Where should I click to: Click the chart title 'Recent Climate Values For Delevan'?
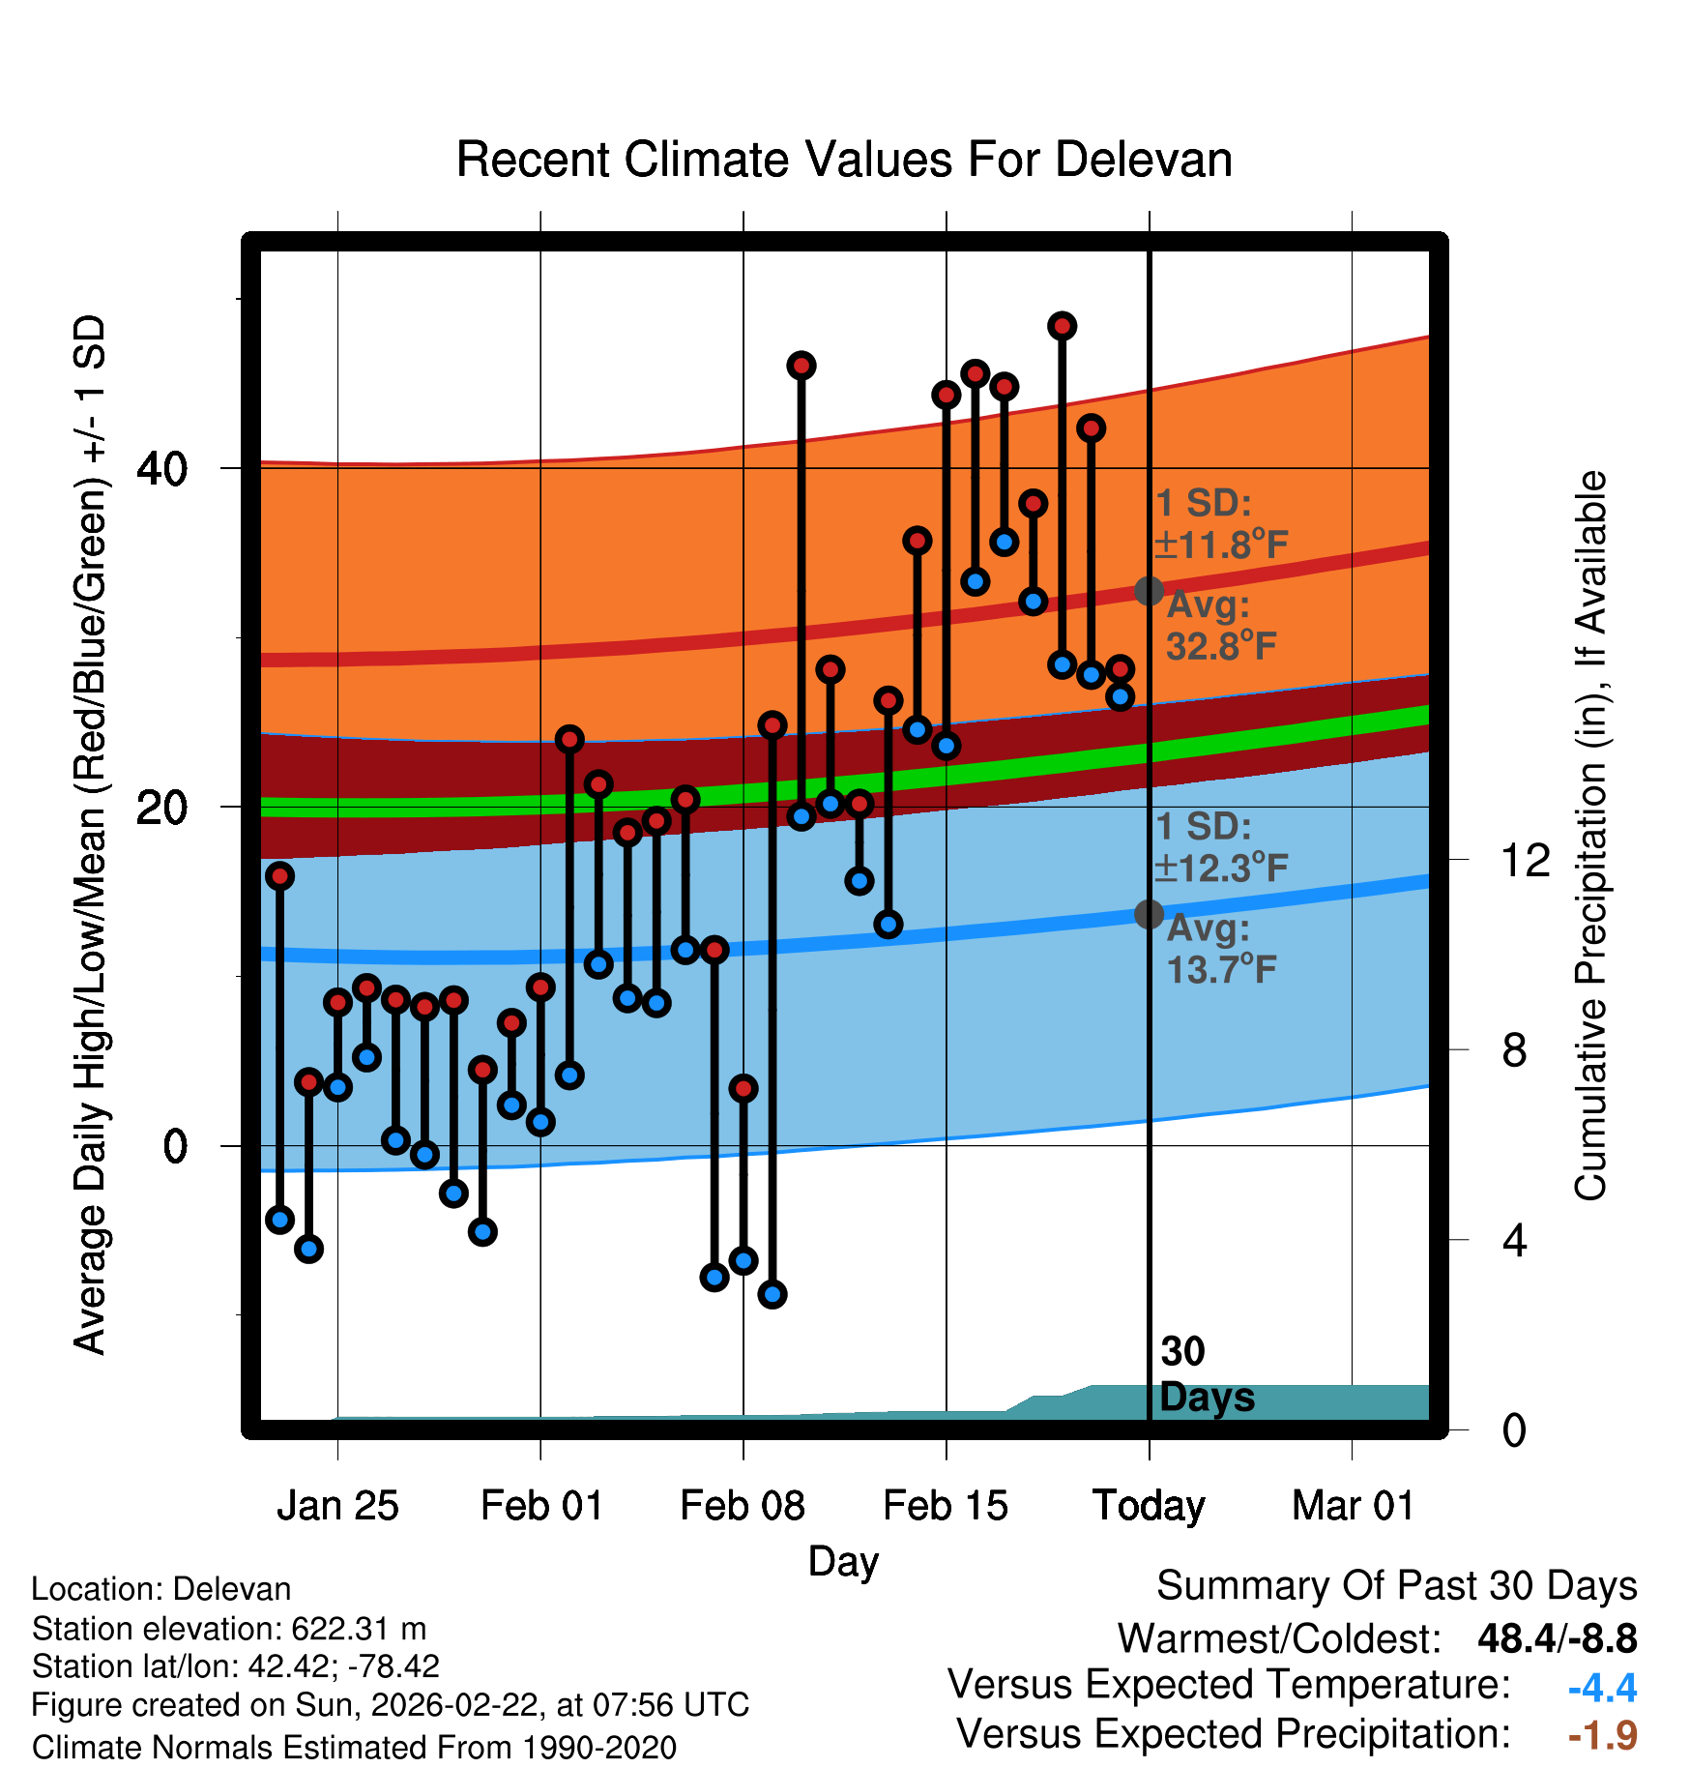coord(844,160)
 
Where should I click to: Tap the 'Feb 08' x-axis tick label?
coord(743,1506)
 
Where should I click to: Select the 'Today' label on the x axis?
coord(1149,1506)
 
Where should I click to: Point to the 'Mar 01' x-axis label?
coord(1353,1506)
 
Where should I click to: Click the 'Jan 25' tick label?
coord(337,1506)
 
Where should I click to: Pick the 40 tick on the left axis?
coord(161,469)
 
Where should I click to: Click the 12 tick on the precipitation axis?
coord(1526,860)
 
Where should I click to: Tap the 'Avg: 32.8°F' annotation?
coord(1220,626)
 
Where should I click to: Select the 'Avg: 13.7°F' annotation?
coord(1220,949)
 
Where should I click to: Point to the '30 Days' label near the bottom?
coord(1206,1374)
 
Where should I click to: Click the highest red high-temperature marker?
coord(1062,326)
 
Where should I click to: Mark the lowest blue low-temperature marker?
coord(772,1294)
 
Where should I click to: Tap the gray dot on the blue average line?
coord(1149,914)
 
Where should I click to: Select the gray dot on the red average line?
coord(1149,591)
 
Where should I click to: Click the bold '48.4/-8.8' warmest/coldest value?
coord(1557,1638)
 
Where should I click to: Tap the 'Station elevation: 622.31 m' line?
coord(229,1629)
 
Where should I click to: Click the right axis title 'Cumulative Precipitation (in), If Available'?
coord(1590,836)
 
